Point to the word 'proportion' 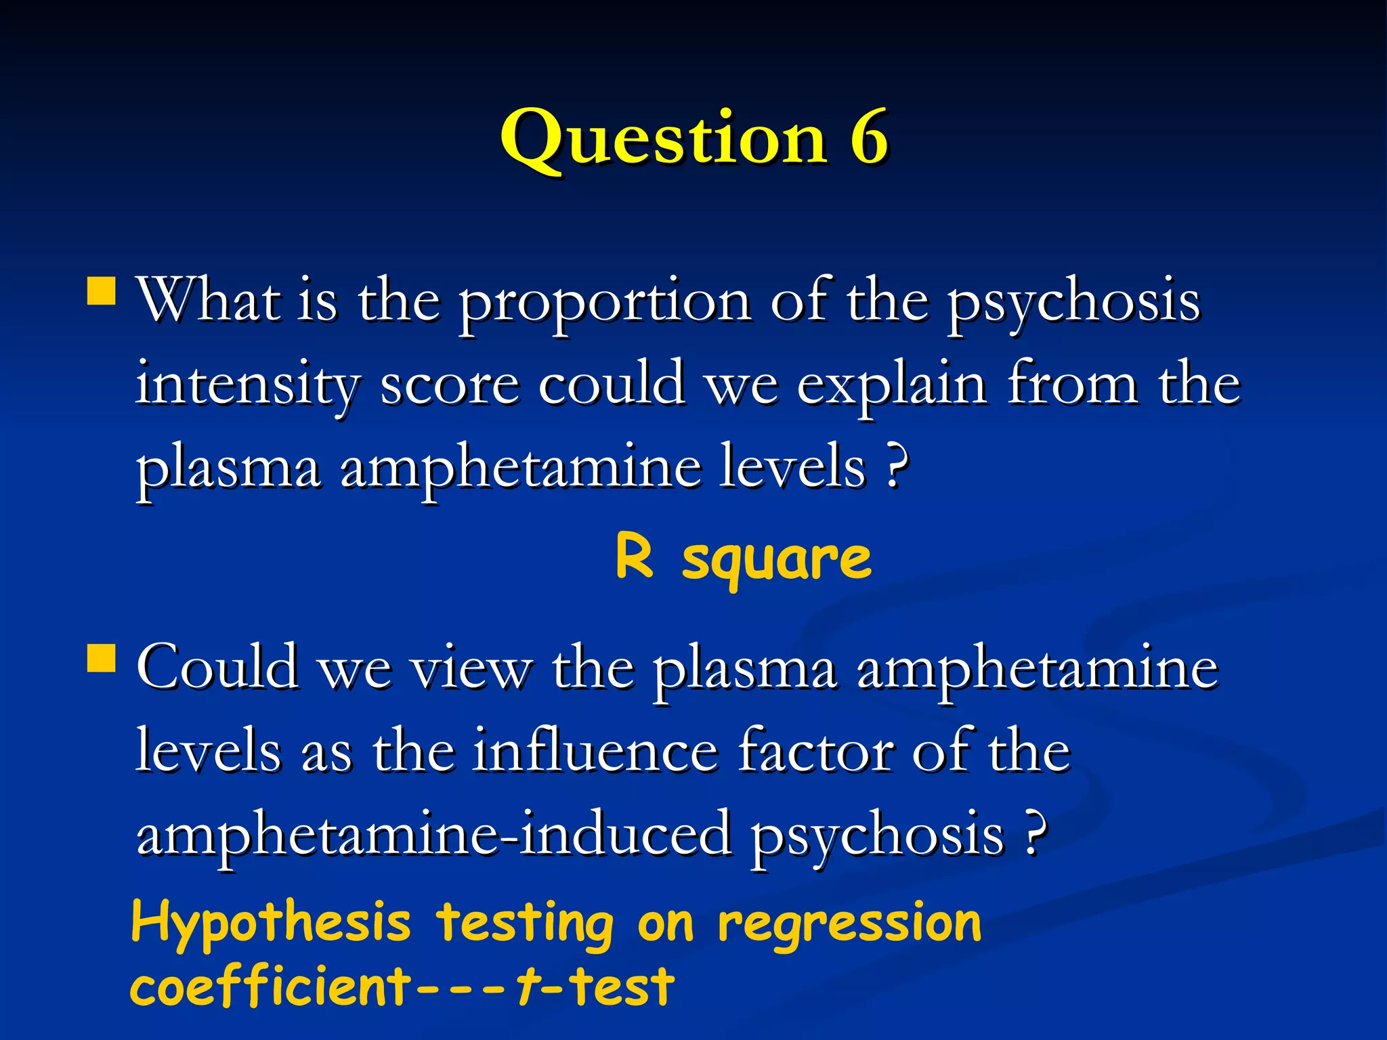[605, 303]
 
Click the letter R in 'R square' [635, 557]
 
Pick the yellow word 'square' [777, 561]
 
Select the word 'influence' [595, 750]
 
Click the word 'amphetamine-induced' [433, 834]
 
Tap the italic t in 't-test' [526, 986]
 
